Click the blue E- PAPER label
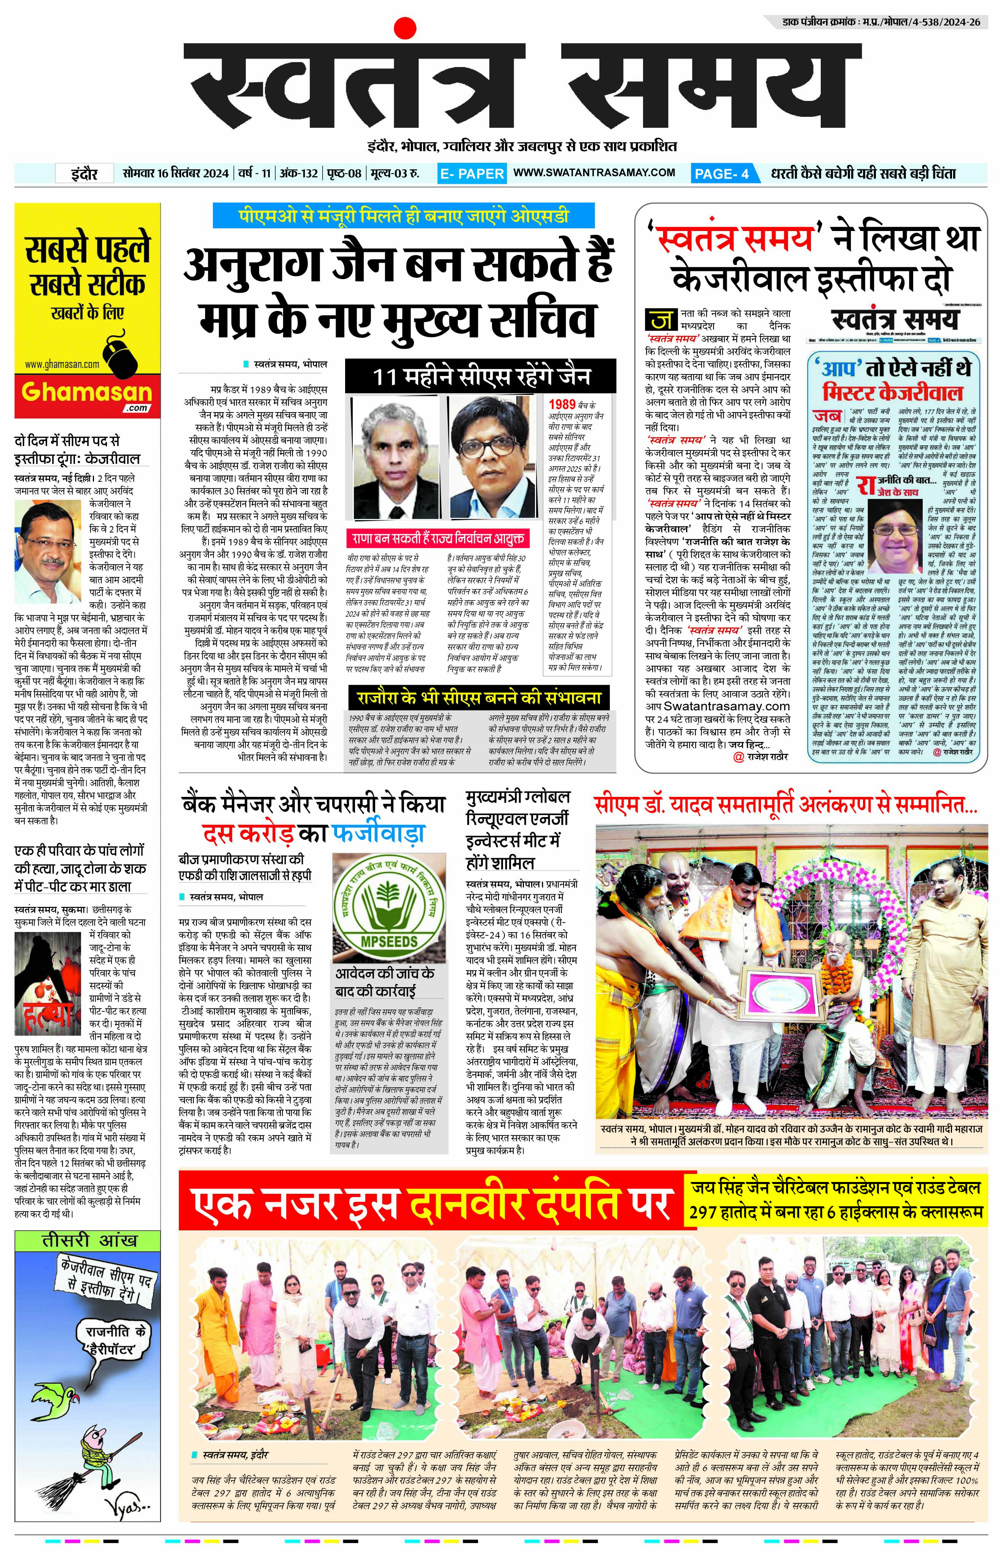tap(471, 173)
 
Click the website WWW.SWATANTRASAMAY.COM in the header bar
tap(594, 173)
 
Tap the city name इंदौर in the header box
tap(85, 173)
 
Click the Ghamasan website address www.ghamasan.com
tap(62, 364)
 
